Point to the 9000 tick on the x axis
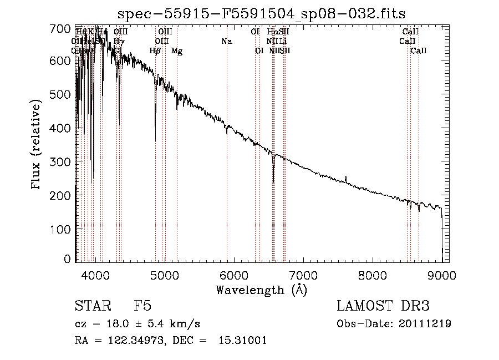442,274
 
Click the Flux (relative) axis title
37,145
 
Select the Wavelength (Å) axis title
261,290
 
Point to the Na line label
226,41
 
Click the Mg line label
177,51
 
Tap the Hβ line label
155,51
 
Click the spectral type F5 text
142,306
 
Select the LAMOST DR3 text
383,306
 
